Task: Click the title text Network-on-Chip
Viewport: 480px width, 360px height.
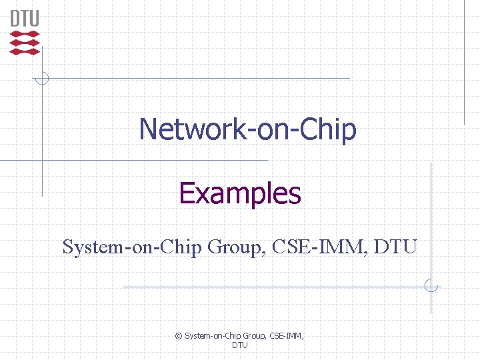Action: [247, 129]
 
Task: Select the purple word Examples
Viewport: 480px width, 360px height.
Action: [240, 193]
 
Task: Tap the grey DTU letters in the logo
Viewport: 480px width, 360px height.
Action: [25, 18]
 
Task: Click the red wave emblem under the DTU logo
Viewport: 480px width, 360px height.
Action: [25, 42]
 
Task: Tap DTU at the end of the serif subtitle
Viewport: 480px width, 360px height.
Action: [395, 247]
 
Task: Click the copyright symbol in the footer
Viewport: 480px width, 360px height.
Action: [178, 336]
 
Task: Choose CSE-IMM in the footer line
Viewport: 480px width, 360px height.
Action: [287, 336]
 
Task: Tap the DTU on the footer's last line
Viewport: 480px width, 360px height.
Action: [240, 345]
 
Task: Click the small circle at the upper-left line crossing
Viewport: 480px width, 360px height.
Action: [42, 78]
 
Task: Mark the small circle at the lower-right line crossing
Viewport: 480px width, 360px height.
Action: [431, 287]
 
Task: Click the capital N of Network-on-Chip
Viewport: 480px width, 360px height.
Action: [148, 129]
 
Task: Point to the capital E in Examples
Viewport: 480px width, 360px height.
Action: [187, 193]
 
